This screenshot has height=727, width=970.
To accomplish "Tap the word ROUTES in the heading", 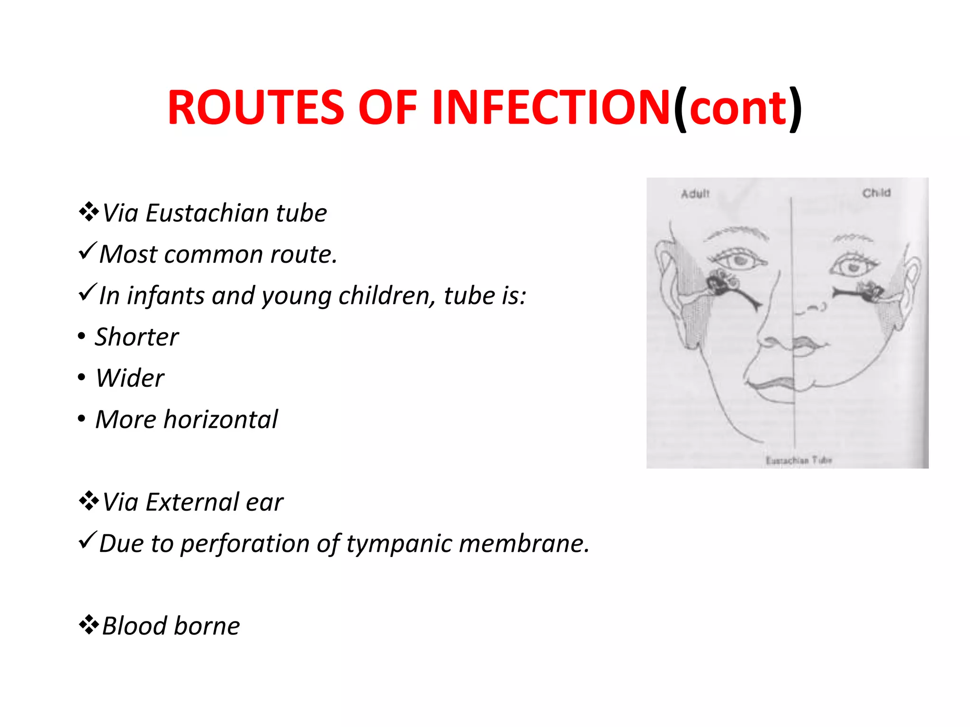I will [256, 108].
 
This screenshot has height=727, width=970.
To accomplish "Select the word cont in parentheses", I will [737, 109].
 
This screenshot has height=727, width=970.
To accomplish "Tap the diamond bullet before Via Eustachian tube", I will [89, 212].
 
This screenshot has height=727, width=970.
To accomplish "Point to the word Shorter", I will [136, 337].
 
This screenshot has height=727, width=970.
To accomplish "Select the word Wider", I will [130, 378].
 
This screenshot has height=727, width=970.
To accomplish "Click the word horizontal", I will [220, 419].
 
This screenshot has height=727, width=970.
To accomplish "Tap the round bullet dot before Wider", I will [82, 378].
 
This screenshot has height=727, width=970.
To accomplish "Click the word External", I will [192, 502].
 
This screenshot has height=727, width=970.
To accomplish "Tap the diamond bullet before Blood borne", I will [89, 625].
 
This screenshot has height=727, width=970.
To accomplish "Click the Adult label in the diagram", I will [695, 194].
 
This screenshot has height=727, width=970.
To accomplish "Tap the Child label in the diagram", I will [876, 193].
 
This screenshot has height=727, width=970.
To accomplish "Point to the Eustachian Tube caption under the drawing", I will [799, 460].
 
